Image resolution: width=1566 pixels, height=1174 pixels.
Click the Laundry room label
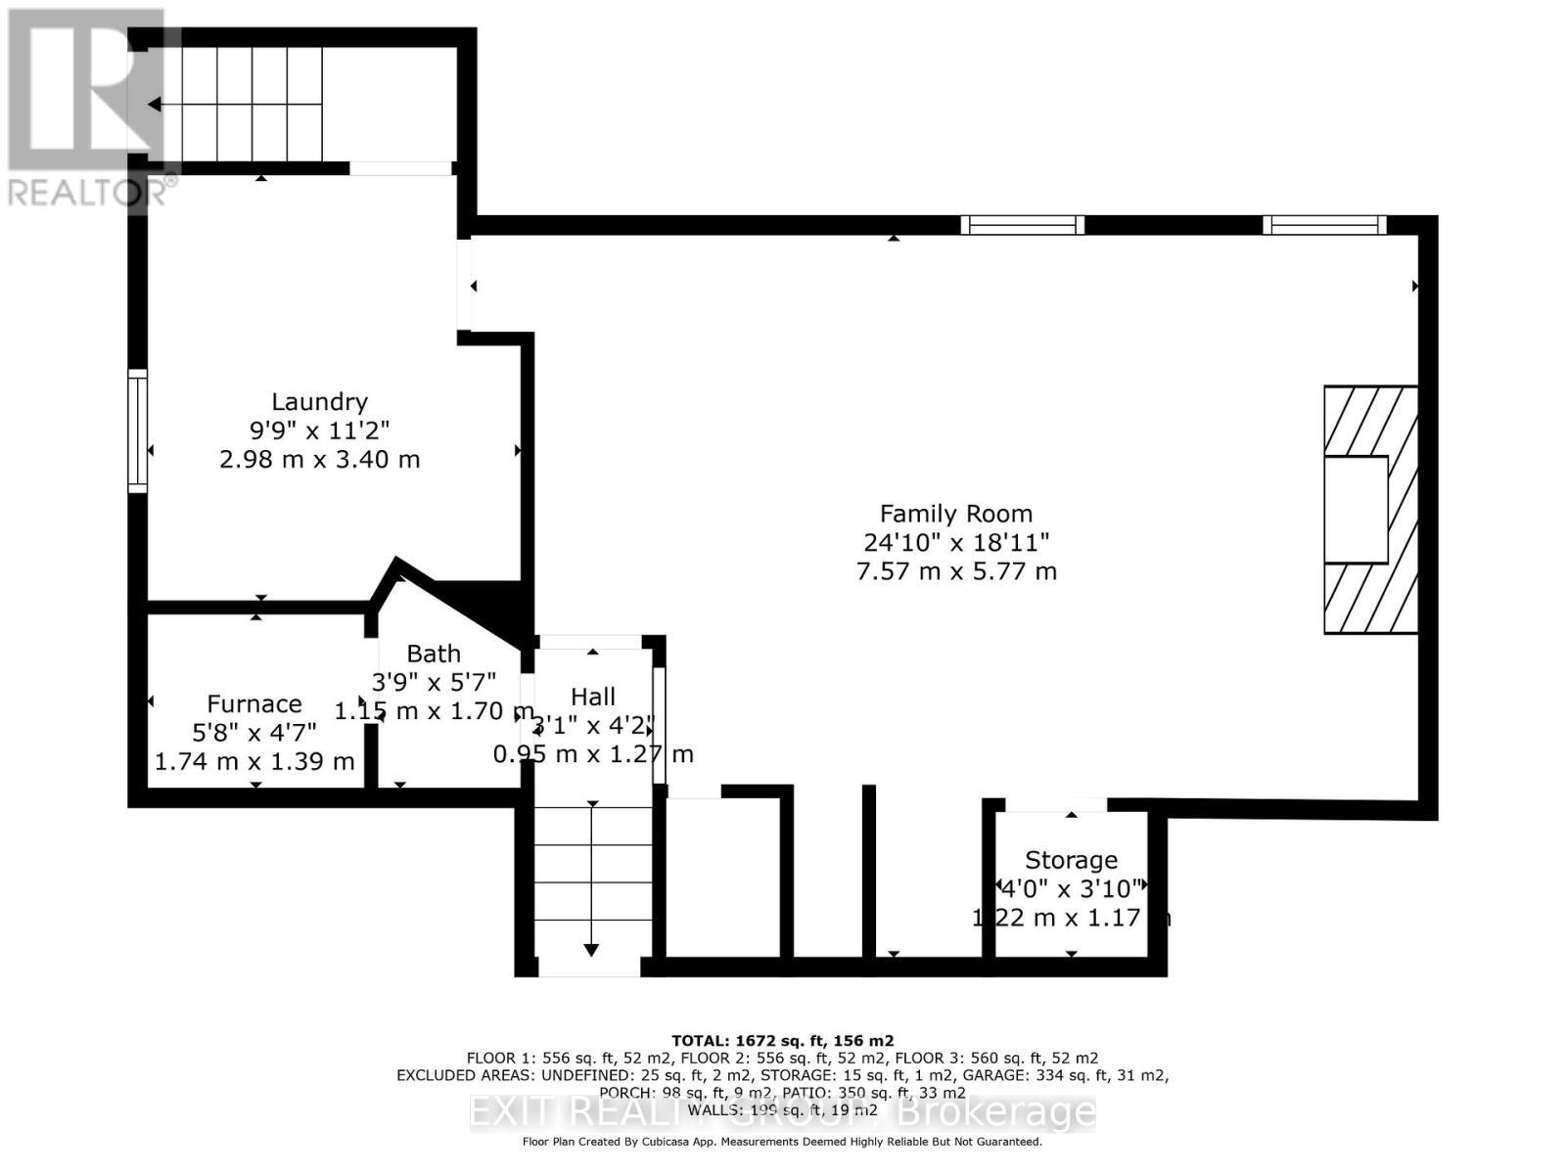pyautogui.click(x=319, y=401)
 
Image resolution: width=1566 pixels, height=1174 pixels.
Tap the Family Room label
pyautogui.click(x=955, y=514)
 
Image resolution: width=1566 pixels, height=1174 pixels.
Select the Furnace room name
pyautogui.click(x=253, y=704)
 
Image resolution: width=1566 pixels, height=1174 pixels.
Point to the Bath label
pyautogui.click(x=434, y=654)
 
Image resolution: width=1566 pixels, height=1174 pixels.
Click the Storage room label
pyautogui.click(x=1071, y=860)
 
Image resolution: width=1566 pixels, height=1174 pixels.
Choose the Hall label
pyautogui.click(x=593, y=697)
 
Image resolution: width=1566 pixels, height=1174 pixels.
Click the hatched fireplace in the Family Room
pyautogui.click(x=1370, y=510)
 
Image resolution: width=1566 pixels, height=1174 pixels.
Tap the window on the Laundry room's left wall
pyautogui.click(x=138, y=430)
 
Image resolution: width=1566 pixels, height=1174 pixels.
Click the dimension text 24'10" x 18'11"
pyautogui.click(x=955, y=542)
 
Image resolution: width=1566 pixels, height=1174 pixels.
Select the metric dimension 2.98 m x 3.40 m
pyautogui.click(x=319, y=459)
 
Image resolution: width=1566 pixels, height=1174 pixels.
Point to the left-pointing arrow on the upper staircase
pyautogui.click(x=155, y=104)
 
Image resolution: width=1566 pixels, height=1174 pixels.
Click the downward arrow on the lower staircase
pyautogui.click(x=591, y=949)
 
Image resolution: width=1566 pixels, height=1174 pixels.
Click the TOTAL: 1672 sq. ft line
pyautogui.click(x=782, y=1041)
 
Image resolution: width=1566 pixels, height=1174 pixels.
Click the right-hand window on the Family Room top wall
pyautogui.click(x=1324, y=225)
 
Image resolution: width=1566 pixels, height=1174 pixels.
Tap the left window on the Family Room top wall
pyautogui.click(x=1022, y=225)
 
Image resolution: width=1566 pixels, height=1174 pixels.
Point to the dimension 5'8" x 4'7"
pyautogui.click(x=253, y=732)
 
